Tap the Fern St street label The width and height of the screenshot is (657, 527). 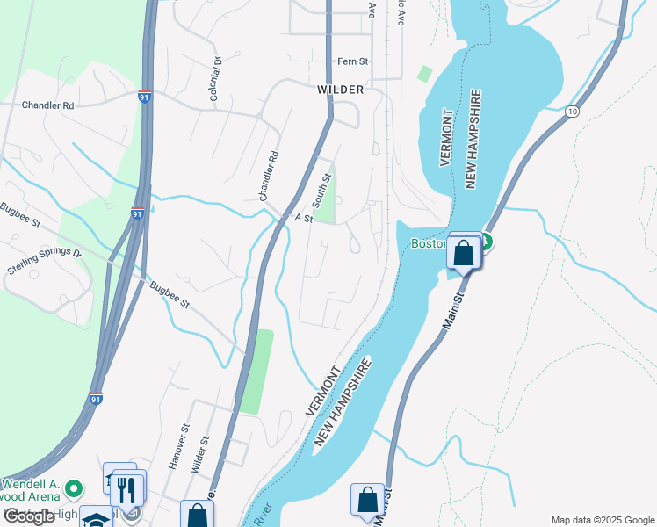point(352,61)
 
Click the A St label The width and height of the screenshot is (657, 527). point(304,218)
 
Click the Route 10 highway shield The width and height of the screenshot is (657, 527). point(573,112)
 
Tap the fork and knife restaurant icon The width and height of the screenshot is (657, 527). point(129,488)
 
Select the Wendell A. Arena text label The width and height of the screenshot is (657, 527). point(33,491)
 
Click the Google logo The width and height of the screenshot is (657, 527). point(30,516)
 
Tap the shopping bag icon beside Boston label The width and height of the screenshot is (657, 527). point(463,253)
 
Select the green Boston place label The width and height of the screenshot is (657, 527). point(430,243)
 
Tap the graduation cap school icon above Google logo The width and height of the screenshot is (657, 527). point(95,518)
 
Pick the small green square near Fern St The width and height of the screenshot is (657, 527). point(425,74)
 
